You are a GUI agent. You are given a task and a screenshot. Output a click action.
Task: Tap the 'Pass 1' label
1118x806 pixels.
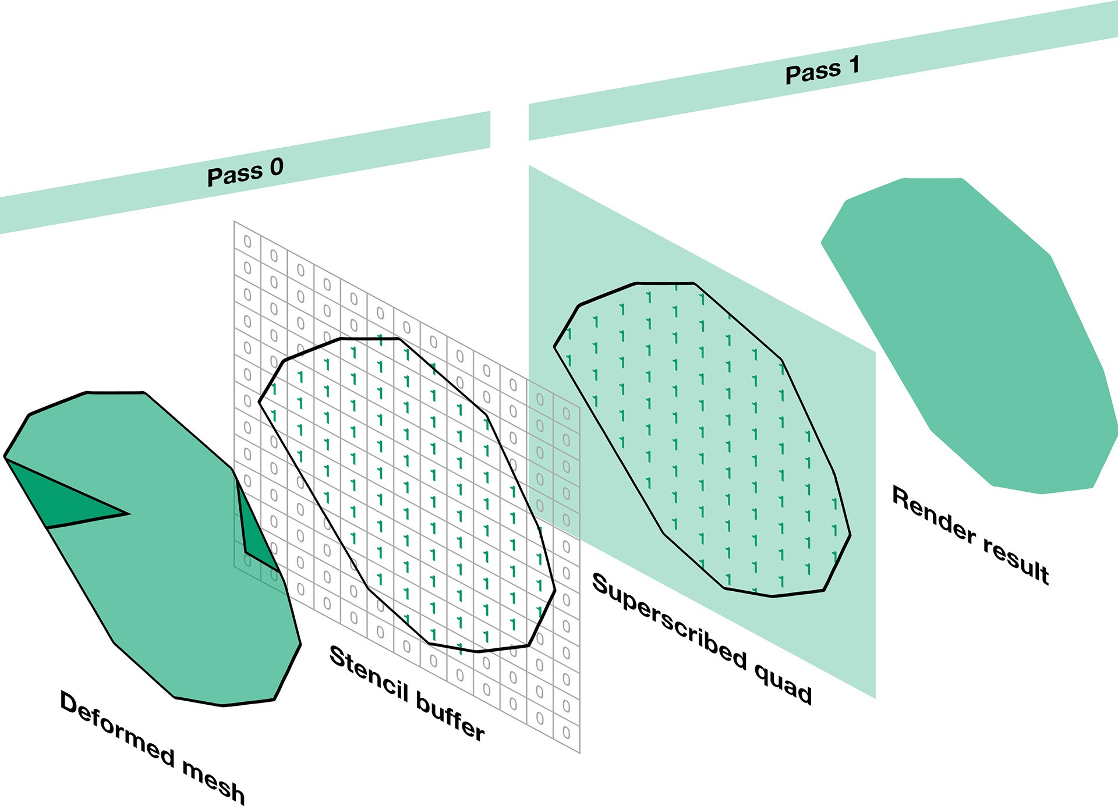pyautogui.click(x=822, y=70)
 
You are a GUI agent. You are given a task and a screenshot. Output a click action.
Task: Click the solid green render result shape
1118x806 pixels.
pyautogui.click(x=967, y=332)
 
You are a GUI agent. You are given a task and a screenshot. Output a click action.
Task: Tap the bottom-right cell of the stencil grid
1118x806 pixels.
pyautogui.click(x=567, y=732)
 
